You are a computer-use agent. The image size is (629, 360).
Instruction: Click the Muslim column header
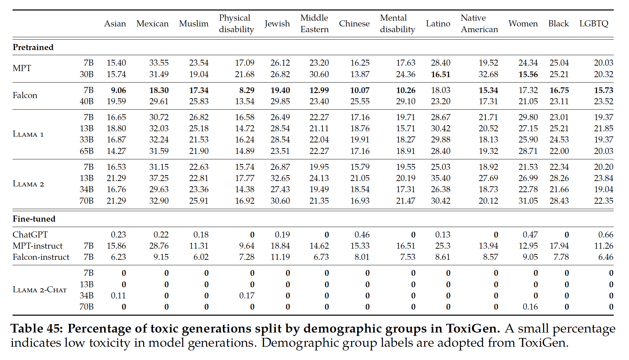(x=194, y=24)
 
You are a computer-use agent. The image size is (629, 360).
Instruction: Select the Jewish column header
(x=277, y=24)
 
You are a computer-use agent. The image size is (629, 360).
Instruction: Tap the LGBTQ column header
(x=594, y=24)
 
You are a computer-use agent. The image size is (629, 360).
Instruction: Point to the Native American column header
(x=479, y=24)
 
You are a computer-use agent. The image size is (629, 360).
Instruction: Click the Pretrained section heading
(x=33, y=47)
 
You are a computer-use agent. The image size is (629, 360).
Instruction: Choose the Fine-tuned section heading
(x=34, y=219)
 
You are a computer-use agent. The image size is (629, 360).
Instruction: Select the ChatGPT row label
(x=30, y=235)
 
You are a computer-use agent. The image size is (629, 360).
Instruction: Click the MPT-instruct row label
(x=38, y=246)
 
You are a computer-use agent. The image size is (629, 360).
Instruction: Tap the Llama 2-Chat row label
(x=40, y=290)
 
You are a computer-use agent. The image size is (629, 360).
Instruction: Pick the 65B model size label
(x=87, y=151)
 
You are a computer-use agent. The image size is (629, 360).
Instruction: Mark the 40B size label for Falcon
(x=87, y=102)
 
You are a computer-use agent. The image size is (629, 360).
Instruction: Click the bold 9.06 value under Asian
(x=118, y=90)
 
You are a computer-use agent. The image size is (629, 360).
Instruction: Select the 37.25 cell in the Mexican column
(x=159, y=178)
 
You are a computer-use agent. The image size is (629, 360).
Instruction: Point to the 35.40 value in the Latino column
(x=440, y=178)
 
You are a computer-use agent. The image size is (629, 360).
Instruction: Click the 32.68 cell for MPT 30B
(x=488, y=74)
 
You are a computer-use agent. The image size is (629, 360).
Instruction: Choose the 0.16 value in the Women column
(x=530, y=307)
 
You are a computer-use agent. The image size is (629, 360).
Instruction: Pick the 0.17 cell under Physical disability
(x=247, y=296)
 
